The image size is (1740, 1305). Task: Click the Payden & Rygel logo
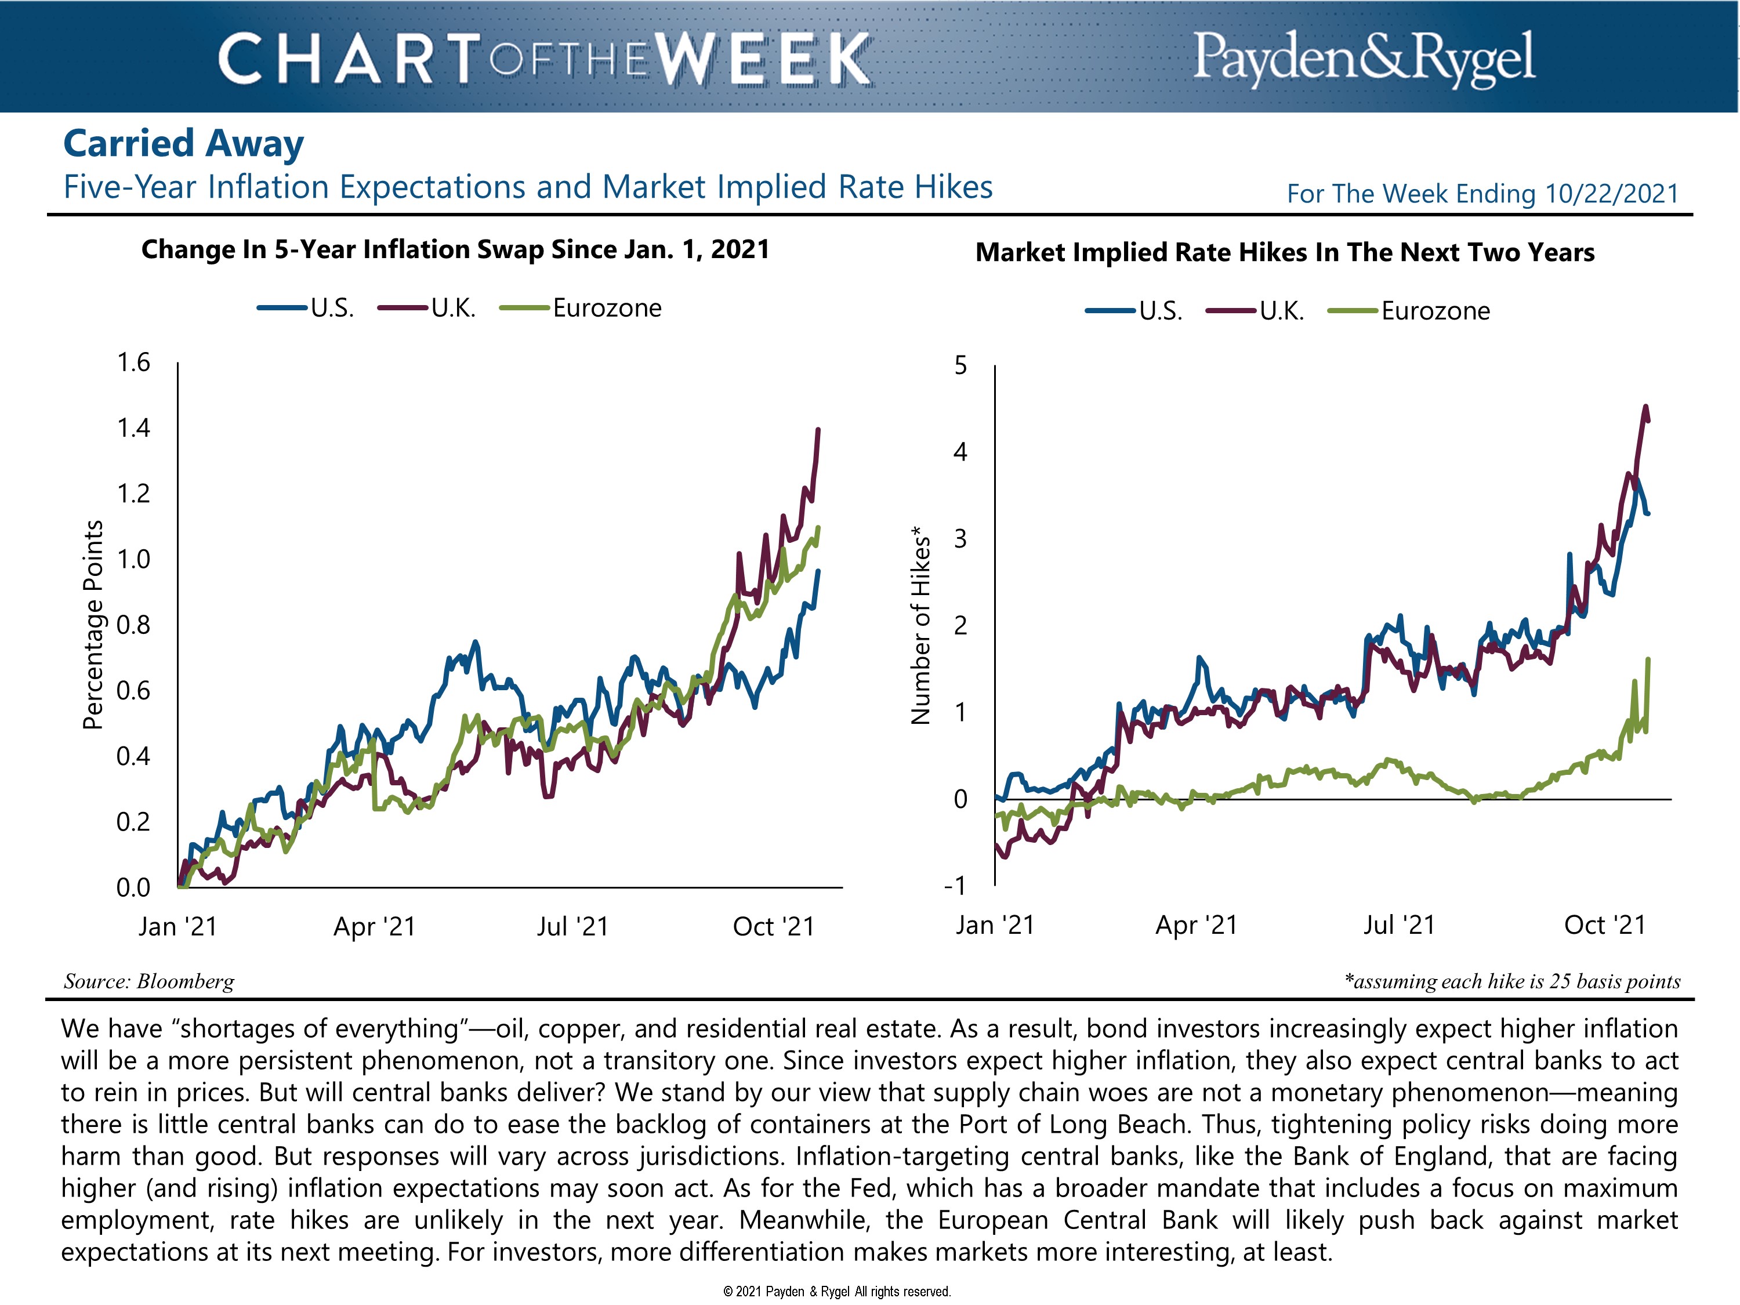[1363, 57]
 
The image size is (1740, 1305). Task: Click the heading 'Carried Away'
[183, 143]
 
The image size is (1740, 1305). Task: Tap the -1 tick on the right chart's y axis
[954, 886]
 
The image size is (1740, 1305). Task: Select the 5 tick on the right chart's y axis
[960, 366]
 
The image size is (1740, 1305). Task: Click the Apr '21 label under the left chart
[375, 927]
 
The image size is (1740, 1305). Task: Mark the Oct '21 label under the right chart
[1605, 925]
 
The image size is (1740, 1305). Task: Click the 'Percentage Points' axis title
[93, 625]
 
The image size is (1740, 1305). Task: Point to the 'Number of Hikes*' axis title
[920, 625]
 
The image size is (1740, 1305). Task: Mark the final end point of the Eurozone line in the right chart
[1648, 659]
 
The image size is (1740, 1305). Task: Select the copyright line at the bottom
[837, 1291]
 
